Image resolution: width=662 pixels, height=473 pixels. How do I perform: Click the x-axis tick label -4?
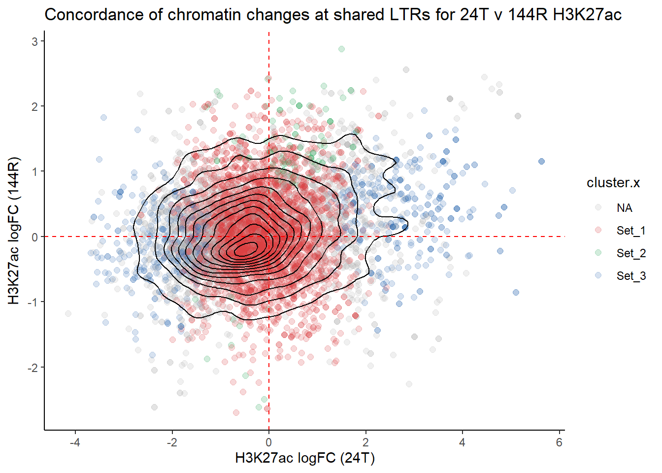pos(75,442)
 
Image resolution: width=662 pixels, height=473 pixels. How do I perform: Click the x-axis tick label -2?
pos(172,442)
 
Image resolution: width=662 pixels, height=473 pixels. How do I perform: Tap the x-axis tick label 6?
pos(559,442)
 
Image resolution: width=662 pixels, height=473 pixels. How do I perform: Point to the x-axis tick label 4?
pos(462,442)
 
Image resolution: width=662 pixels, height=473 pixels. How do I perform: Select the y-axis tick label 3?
pos(35,42)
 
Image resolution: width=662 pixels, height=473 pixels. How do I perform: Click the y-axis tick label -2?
pos(33,368)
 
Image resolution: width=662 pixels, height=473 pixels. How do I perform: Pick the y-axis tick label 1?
pos(35,172)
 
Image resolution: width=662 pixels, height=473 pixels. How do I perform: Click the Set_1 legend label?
pos(631,231)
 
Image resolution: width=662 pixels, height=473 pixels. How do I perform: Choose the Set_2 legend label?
pos(631,253)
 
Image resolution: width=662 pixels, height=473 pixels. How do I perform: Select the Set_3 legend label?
pos(631,276)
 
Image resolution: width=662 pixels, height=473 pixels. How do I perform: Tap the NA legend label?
pos(624,208)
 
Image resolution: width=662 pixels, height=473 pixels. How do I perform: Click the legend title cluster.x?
pos(613,183)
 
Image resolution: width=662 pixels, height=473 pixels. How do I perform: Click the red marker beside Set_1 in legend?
pos(598,230)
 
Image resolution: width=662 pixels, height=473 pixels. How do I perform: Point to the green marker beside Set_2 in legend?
pos(598,253)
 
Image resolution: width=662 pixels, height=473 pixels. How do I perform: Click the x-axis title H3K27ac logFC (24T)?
pos(305,458)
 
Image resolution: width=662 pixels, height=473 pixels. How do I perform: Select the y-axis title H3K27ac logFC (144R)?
pos(14,231)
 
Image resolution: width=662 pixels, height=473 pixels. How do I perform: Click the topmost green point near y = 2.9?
pos(341,49)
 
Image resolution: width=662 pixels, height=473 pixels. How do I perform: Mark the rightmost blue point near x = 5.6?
pos(541,162)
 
